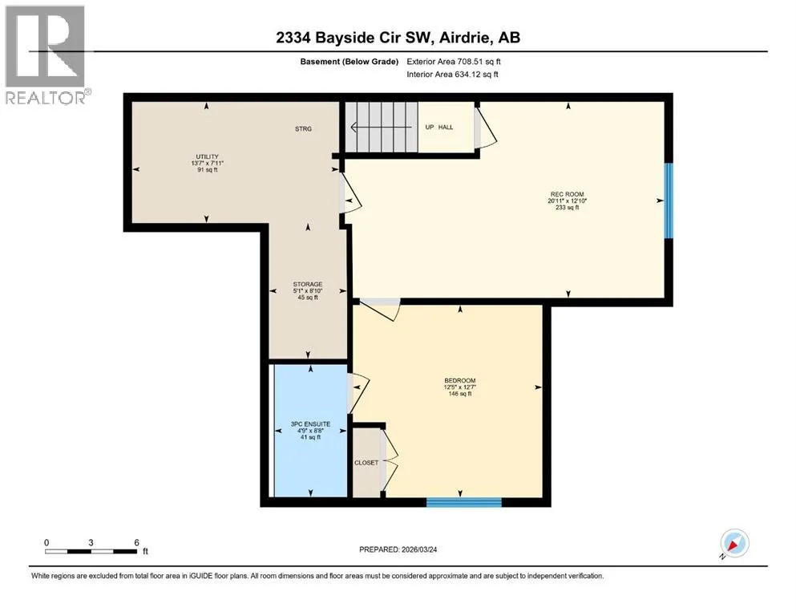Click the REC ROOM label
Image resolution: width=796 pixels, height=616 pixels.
(567, 194)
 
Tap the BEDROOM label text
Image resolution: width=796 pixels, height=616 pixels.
(460, 380)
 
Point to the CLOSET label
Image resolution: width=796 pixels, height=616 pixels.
(366, 463)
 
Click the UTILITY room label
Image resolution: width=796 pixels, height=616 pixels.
(207, 156)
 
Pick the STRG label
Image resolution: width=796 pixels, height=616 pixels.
(303, 129)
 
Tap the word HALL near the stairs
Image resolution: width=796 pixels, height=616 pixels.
(446, 127)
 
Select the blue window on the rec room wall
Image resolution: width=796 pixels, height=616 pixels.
(669, 201)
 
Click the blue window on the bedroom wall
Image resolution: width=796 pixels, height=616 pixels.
(464, 503)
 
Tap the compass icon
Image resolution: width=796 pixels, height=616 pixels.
(734, 544)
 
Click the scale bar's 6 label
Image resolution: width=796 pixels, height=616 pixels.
(136, 542)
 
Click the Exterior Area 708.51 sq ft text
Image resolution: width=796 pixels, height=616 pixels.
(454, 62)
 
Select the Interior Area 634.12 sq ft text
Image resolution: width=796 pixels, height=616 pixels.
(452, 74)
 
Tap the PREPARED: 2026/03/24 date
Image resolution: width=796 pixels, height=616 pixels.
(398, 549)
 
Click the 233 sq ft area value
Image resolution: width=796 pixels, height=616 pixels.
(567, 207)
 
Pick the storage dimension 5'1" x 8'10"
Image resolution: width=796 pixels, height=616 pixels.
(308, 291)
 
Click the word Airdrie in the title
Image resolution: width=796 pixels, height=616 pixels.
(465, 38)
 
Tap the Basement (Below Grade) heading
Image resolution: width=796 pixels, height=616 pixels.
(350, 62)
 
